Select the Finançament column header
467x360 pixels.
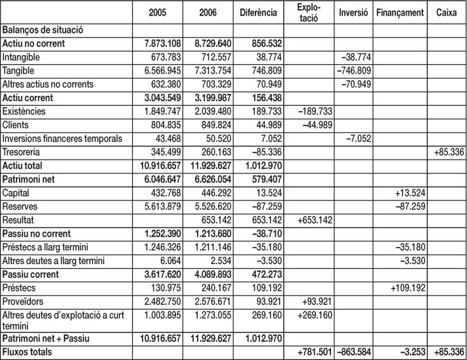(400, 14)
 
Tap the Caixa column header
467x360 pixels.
(447, 14)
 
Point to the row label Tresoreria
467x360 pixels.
(25, 152)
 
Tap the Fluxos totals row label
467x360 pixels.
(30, 353)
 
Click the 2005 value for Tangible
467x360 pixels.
(157, 70)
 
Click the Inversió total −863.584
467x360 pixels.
(352, 353)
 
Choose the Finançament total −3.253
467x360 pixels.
(402, 353)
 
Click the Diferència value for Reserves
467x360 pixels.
(259, 206)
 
